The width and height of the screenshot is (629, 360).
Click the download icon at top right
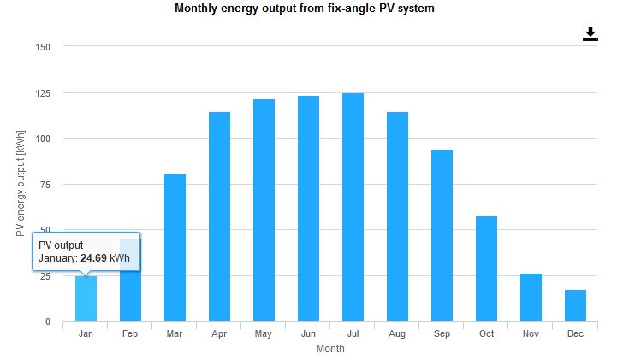[590, 33]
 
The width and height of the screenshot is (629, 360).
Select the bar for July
[353, 207]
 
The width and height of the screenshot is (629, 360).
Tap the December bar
[575, 305]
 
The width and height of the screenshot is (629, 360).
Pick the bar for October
[486, 269]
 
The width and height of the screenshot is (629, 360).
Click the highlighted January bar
[86, 298]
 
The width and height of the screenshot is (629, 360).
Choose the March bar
[175, 247]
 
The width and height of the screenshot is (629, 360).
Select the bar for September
[442, 236]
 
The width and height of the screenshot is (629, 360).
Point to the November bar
[531, 297]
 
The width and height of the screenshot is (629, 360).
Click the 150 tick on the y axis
[43, 47]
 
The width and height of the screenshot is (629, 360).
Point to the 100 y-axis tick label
[43, 139]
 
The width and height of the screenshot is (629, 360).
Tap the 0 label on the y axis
[48, 322]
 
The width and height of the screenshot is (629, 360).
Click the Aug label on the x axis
[397, 334]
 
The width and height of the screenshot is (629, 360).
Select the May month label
[264, 334]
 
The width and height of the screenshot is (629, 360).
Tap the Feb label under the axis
[130, 334]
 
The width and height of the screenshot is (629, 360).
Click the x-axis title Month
[330, 349]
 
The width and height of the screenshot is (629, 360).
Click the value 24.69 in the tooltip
[94, 257]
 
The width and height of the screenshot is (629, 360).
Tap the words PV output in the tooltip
[61, 245]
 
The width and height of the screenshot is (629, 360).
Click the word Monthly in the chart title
[196, 9]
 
